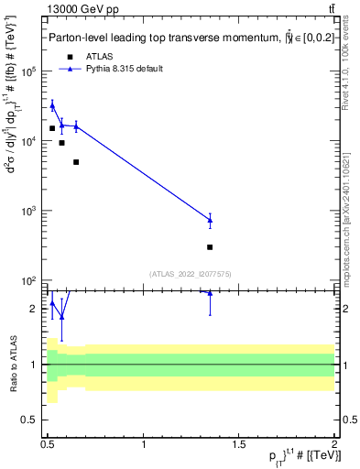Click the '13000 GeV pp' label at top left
click(83, 10)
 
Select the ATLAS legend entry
click(86, 57)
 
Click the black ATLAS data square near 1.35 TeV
click(210, 246)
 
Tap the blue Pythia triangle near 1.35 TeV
click(210, 220)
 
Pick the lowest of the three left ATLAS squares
click(76, 162)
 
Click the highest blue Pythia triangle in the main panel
click(52, 106)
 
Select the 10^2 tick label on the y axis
click(28, 280)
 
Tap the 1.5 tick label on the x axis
click(239, 444)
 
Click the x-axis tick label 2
click(334, 444)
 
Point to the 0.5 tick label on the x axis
click(49, 444)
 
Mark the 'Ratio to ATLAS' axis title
click(13, 364)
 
